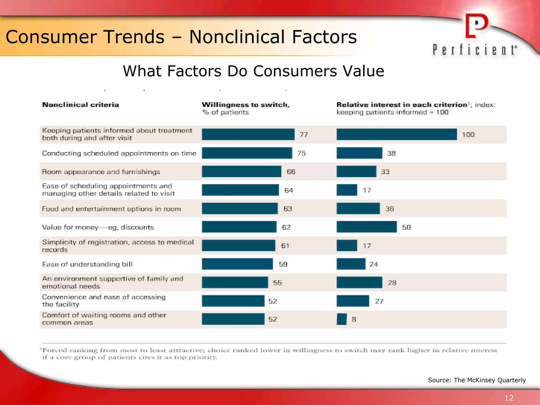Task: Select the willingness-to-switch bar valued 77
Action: tap(248, 134)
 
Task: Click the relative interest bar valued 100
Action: tap(396, 134)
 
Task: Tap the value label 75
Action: tap(301, 153)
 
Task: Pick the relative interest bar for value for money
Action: tap(367, 227)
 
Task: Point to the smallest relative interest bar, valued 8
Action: tap(342, 319)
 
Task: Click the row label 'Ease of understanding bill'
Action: tap(87, 264)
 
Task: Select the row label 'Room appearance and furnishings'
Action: tap(101, 172)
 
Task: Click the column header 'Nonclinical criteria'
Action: tap(80, 105)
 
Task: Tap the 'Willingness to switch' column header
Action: tap(245, 105)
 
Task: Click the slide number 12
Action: tap(509, 398)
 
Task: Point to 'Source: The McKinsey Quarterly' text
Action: tap(477, 380)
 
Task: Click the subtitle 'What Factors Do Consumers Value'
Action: tap(253, 71)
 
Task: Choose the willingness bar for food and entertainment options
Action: tap(240, 209)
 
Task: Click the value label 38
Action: tap(391, 153)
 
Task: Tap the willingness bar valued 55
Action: tap(235, 283)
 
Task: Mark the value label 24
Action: tap(373, 264)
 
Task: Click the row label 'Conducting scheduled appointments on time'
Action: tap(119, 153)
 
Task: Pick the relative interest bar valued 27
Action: tap(353, 301)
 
